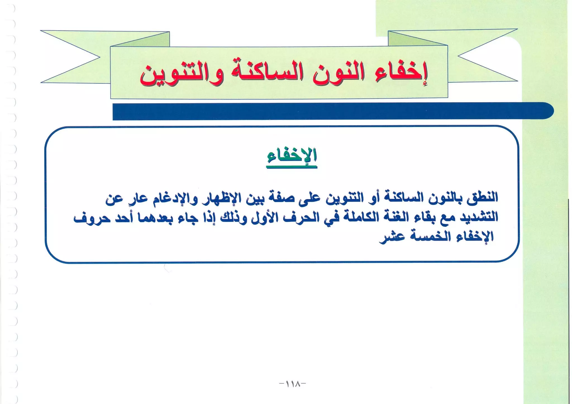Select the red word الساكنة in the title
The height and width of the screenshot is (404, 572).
(264, 73)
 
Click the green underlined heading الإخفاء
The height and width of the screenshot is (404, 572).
(292, 156)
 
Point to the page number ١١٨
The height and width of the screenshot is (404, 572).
(292, 384)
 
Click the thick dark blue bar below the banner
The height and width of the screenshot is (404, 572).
(332, 111)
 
